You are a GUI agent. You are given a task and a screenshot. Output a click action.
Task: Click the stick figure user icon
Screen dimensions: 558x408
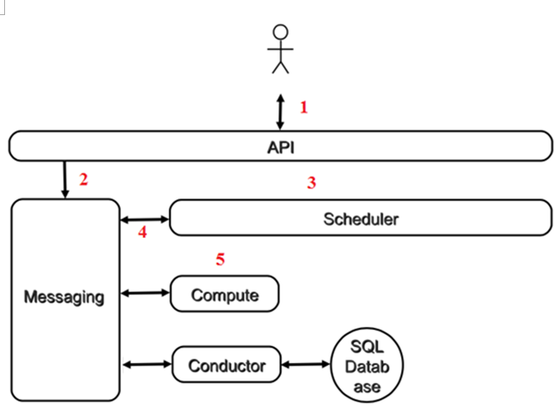[x=280, y=49]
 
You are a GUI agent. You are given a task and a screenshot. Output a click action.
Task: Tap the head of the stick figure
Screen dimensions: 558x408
[x=280, y=32]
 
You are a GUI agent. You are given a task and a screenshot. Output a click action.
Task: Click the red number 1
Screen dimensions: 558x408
[x=304, y=107]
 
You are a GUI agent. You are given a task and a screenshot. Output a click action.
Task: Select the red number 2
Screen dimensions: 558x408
[x=84, y=179]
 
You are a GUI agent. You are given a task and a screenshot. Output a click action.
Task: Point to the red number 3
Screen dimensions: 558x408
[x=311, y=183]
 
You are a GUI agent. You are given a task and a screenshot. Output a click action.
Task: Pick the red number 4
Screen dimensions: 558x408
[x=143, y=232]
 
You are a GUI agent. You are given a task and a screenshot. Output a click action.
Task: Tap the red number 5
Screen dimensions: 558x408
[x=221, y=259]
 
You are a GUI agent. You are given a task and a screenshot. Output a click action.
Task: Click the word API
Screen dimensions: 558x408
[x=281, y=147]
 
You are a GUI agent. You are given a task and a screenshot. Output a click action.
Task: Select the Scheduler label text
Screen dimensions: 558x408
[x=361, y=219]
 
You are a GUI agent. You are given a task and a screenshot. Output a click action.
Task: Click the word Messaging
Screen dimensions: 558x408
[x=64, y=297]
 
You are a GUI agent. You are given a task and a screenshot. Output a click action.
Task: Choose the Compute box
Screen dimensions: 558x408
[x=225, y=294]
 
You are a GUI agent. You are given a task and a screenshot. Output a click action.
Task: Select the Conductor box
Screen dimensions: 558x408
[x=227, y=364]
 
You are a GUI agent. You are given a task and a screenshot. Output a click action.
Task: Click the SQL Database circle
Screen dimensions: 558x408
[x=367, y=365]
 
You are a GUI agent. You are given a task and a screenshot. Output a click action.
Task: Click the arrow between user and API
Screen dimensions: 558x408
[x=280, y=112]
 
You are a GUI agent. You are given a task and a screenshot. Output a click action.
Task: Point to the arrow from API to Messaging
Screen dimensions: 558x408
[x=65, y=179]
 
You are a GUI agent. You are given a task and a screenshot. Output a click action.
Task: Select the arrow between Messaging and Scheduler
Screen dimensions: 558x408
[x=145, y=219]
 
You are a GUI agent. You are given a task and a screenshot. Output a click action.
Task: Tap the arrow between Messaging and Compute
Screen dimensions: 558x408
[x=145, y=293]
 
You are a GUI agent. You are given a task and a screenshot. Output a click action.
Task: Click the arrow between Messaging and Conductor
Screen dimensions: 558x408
[x=148, y=364]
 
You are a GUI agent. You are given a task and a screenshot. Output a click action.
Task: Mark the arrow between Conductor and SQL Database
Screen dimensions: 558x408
[x=305, y=364]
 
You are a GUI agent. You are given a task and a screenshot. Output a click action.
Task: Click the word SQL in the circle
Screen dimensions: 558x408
[x=367, y=347]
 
